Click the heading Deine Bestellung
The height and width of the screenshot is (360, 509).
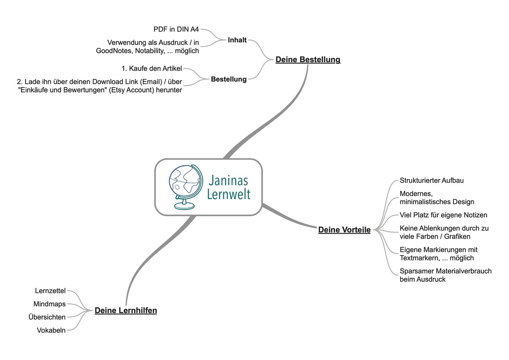point(308,59)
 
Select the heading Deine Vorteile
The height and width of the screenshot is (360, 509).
point(344,230)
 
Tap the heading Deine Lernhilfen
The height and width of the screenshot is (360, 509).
point(125,310)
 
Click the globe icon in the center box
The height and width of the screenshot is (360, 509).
point(183,187)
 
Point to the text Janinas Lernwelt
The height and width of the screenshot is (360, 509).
point(229,187)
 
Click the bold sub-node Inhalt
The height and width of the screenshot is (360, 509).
point(237,40)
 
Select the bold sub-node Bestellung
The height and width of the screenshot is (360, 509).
point(229,79)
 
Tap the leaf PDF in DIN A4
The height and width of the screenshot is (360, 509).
point(176,29)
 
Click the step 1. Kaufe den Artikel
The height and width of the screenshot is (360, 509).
point(151,69)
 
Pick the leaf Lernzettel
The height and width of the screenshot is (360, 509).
point(50,291)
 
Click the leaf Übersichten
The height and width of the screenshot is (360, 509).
point(47,317)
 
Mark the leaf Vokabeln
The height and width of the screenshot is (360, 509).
point(51,331)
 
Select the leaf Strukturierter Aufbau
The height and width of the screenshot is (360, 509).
point(431,180)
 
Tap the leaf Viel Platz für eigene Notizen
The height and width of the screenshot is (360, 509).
point(443,215)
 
